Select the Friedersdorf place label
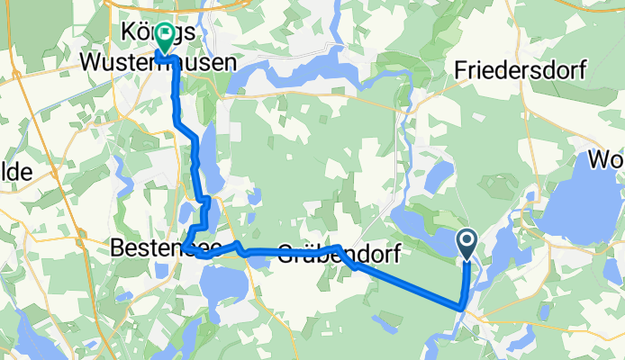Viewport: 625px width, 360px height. point(520,69)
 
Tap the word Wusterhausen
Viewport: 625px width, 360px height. point(159,63)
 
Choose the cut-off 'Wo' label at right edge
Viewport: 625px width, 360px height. point(605,161)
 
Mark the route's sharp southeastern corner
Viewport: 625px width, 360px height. point(462,308)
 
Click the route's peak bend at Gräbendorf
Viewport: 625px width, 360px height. point(338,247)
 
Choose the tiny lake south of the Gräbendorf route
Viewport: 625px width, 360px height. point(382,319)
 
